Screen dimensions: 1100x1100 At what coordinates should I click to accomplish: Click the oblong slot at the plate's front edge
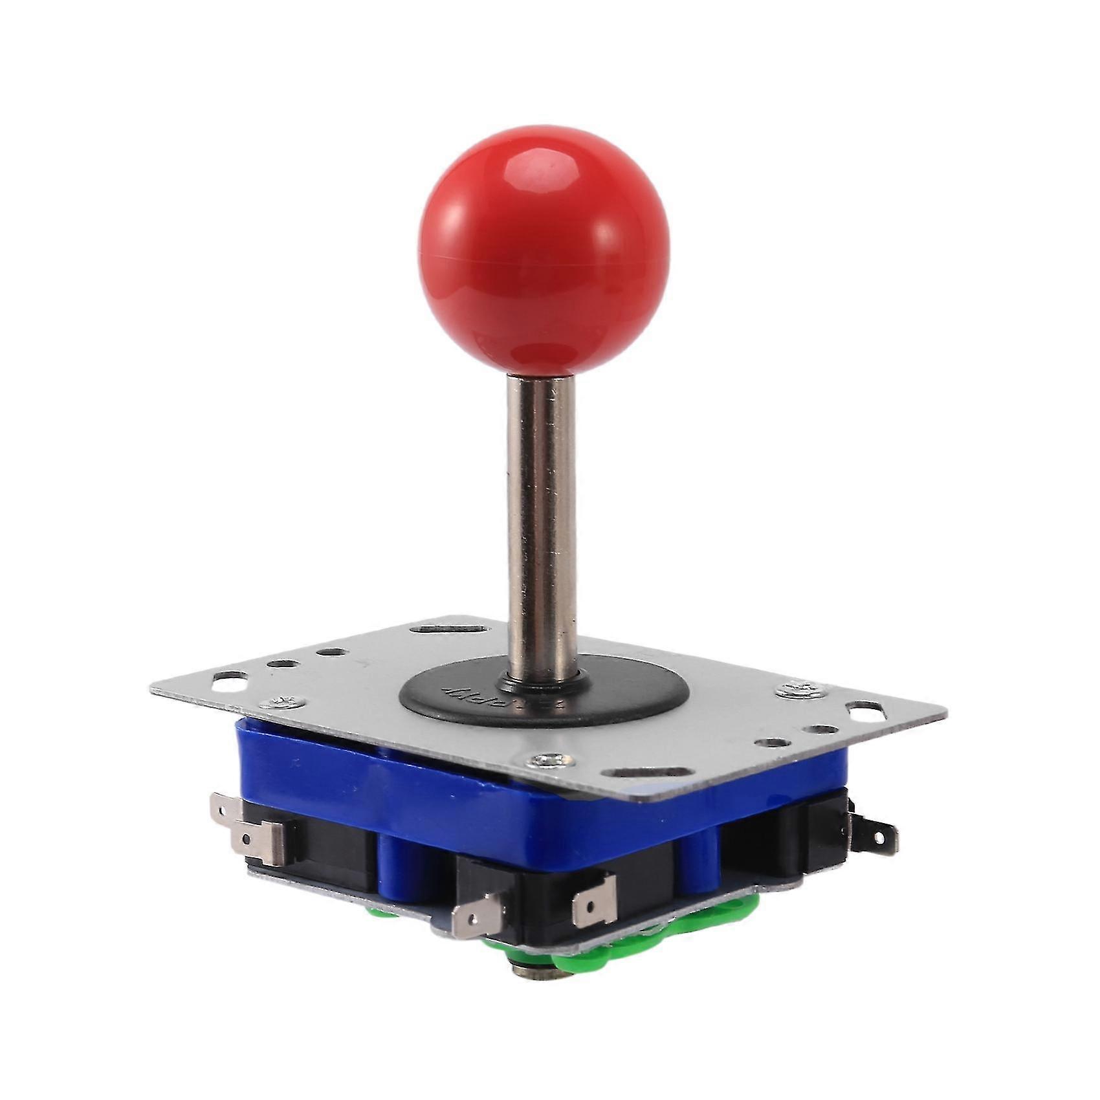[647, 773]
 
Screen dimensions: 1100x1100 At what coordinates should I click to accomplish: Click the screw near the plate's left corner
[282, 701]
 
